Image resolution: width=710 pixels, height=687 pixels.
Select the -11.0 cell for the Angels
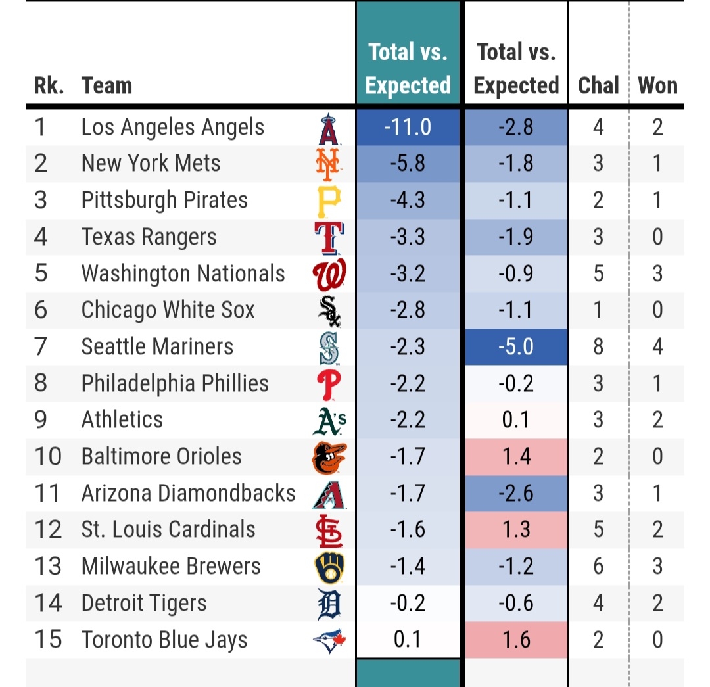pyautogui.click(x=408, y=127)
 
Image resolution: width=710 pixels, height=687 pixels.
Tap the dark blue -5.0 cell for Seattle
pyautogui.click(x=516, y=346)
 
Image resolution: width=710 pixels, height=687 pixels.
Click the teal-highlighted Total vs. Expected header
pyautogui.click(x=408, y=68)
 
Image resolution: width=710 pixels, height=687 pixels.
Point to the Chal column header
pyautogui.click(x=598, y=85)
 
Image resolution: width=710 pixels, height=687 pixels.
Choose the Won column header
pyautogui.click(x=657, y=85)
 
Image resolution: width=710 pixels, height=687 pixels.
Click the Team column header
pyautogui.click(x=106, y=85)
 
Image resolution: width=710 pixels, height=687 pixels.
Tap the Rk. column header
pyautogui.click(x=49, y=85)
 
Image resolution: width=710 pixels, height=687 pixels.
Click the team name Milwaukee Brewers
pyautogui.click(x=171, y=566)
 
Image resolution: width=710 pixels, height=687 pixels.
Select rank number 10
pyautogui.click(x=47, y=456)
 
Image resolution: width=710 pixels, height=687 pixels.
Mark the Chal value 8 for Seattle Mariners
pyautogui.click(x=598, y=346)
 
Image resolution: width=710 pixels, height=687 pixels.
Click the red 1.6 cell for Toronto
pyautogui.click(x=516, y=640)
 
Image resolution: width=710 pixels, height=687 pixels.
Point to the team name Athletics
pyautogui.click(x=122, y=419)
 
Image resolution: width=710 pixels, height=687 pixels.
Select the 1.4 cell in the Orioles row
pyautogui.click(x=516, y=456)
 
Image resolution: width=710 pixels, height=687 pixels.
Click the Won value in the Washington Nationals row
pyautogui.click(x=657, y=273)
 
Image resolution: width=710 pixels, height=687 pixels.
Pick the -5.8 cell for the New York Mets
pyautogui.click(x=408, y=164)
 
